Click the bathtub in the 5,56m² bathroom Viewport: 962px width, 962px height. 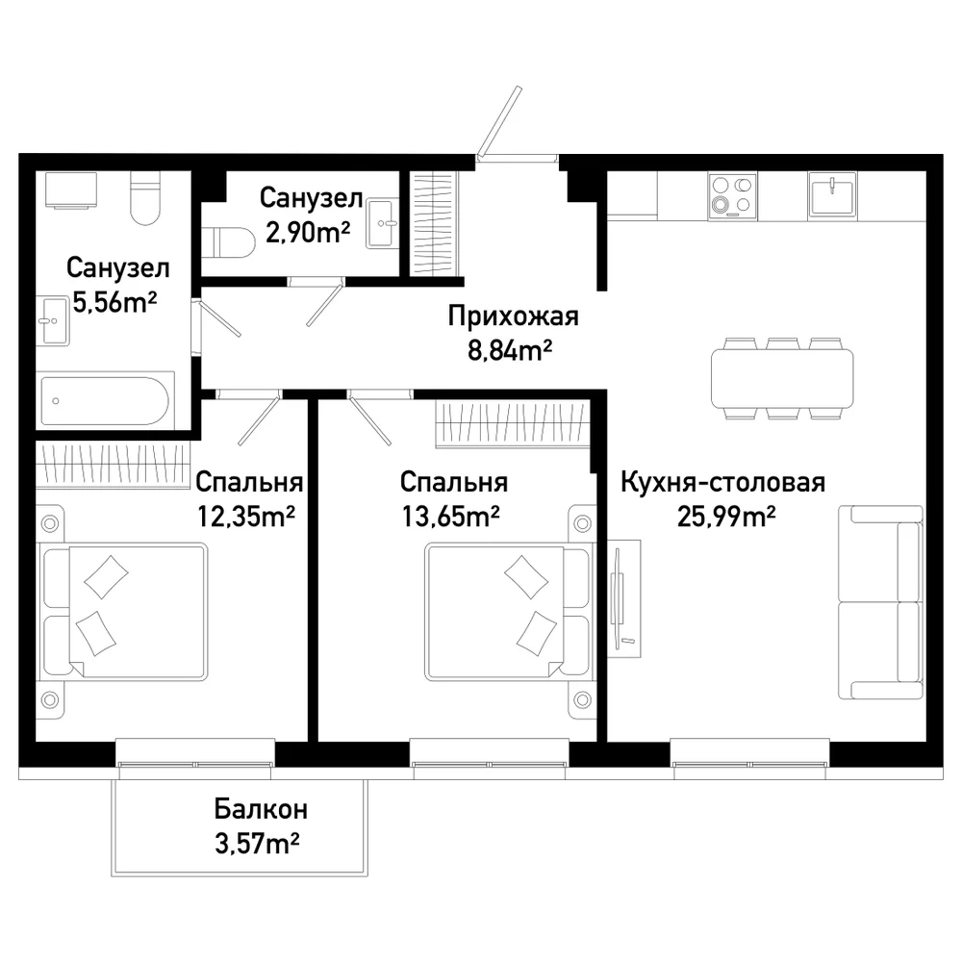pyautogui.click(x=104, y=401)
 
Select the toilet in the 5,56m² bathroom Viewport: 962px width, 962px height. pyautogui.click(x=145, y=197)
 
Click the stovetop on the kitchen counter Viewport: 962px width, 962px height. pyautogui.click(x=732, y=195)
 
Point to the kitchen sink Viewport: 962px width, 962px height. pyautogui.click(x=832, y=194)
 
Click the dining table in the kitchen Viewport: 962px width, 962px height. pyautogui.click(x=782, y=378)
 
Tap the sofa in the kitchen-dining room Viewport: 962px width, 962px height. pyautogui.click(x=881, y=602)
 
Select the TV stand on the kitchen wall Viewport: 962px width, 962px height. pyautogui.click(x=623, y=598)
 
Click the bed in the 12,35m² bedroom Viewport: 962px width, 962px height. pyautogui.click(x=123, y=611)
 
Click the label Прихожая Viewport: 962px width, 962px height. pyautogui.click(x=513, y=316)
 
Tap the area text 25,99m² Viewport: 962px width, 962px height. pyautogui.click(x=726, y=517)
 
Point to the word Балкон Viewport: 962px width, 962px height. pyautogui.click(x=261, y=809)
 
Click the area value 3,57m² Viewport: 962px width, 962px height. pyautogui.click(x=257, y=844)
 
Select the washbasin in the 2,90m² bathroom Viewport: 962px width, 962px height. pyautogui.click(x=382, y=224)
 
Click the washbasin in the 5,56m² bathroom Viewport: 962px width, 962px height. pyautogui.click(x=52, y=321)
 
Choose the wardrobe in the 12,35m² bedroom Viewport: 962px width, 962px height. pyautogui.click(x=113, y=466)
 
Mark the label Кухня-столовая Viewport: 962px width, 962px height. pyautogui.click(x=723, y=483)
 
